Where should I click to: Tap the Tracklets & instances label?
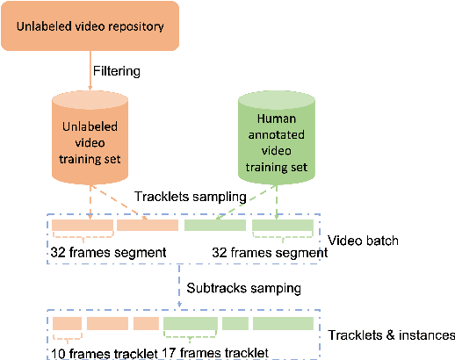point(391,335)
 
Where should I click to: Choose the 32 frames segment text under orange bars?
point(108,253)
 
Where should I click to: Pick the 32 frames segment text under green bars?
point(270,253)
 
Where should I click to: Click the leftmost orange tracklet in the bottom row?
point(67,324)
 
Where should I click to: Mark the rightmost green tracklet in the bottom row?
point(285,324)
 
